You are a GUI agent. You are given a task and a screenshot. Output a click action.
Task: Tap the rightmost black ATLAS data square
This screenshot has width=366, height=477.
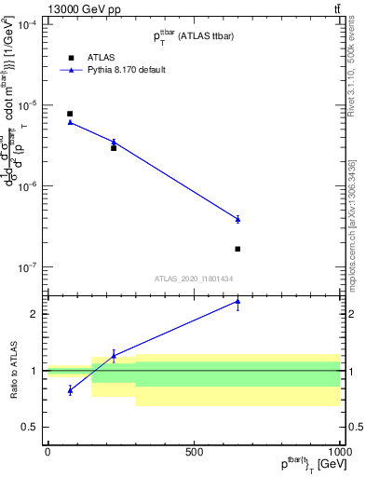pos(237,249)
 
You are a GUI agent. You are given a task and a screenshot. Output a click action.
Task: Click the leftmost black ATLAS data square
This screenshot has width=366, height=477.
pos(70,114)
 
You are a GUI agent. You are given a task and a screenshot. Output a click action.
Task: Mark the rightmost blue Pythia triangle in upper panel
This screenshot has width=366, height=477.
pos(237,219)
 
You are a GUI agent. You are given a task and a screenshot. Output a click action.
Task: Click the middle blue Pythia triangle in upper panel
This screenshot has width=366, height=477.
pos(114,142)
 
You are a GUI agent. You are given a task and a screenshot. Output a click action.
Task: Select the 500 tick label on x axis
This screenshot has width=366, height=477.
pos(195,452)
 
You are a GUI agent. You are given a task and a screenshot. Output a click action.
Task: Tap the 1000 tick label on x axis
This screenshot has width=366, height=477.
pos(338,452)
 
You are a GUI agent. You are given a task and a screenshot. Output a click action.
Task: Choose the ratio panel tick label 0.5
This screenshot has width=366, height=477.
pos(31,427)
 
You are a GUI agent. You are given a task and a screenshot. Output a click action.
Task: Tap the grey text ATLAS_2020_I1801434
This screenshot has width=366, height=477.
pos(193,279)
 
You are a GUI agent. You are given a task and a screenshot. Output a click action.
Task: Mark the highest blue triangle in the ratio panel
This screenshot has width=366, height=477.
pos(237,302)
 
